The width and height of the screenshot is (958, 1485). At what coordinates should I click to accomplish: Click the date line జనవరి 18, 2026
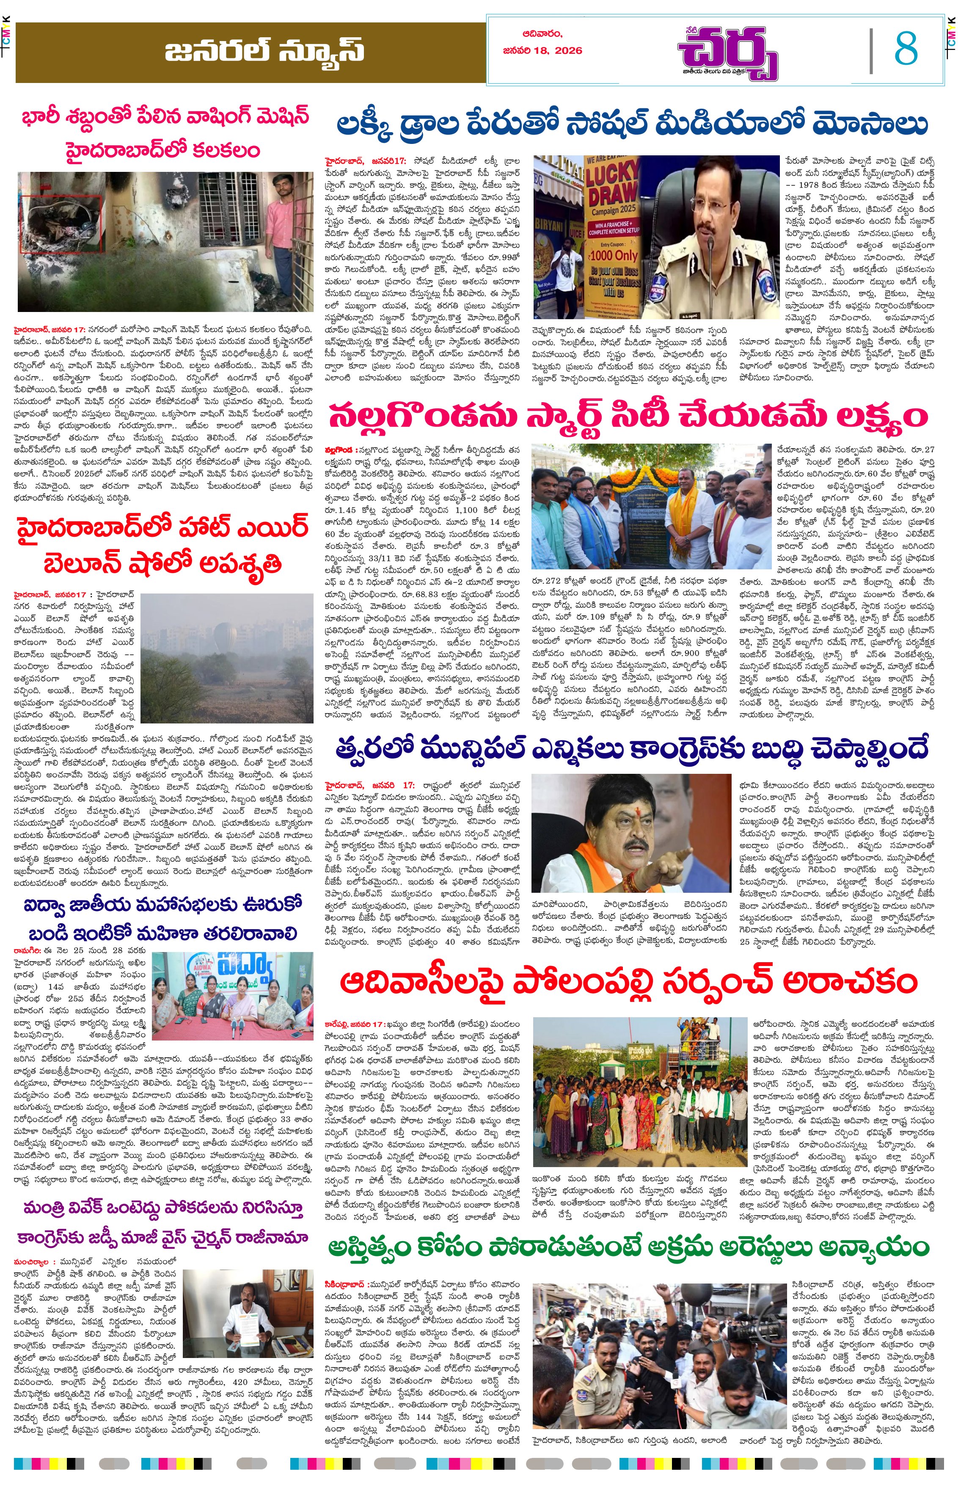click(542, 50)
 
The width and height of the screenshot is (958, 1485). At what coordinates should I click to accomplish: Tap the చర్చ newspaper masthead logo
click(727, 53)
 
